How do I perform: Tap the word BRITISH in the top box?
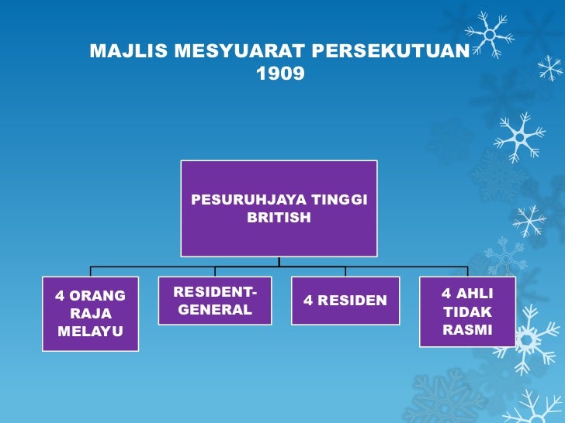(279, 218)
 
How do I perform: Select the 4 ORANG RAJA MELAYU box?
(90, 314)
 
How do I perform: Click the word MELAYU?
(90, 332)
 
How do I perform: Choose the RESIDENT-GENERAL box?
(215, 301)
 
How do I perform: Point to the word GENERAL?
(215, 310)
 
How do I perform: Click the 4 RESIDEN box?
(345, 301)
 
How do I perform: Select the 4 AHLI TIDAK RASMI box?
(466, 311)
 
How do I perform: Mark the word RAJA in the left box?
(91, 314)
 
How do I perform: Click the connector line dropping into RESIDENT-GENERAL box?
(215, 271)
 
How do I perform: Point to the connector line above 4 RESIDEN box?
(345, 271)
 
